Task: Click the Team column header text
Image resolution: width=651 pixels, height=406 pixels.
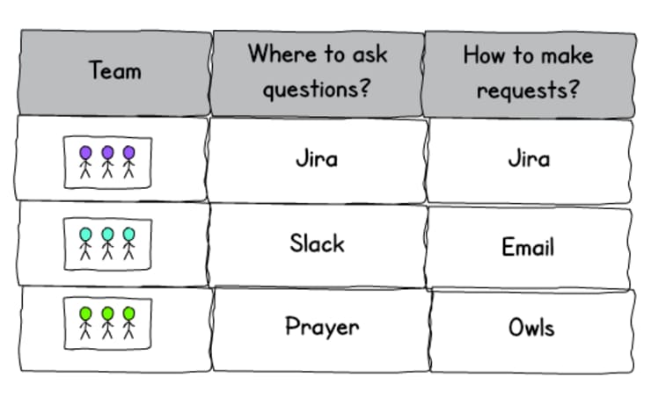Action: pos(115,70)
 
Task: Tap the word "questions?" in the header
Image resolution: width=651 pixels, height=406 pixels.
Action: pos(318,89)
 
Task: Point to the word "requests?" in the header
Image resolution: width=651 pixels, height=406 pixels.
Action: pos(529,89)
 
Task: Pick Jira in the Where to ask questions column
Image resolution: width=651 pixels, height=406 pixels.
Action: pos(317,160)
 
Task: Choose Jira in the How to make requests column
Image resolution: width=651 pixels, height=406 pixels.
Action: pos(529,160)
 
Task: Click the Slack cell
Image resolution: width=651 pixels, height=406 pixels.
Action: pos(317,243)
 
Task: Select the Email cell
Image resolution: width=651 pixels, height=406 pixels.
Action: pos(528,245)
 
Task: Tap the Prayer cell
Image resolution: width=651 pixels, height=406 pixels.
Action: pos(322,327)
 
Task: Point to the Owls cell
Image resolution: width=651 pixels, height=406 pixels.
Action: pos(531,328)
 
